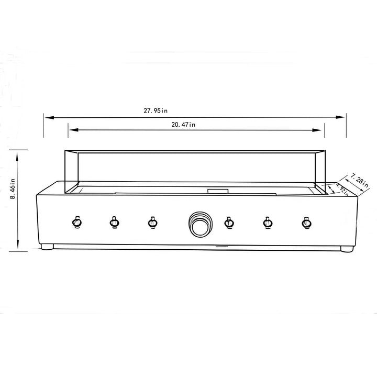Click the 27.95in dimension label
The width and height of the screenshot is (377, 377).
(x=156, y=110)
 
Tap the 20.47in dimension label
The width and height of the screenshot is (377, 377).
(x=183, y=124)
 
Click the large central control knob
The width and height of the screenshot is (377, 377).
(x=199, y=225)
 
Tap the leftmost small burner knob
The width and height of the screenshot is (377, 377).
(x=76, y=223)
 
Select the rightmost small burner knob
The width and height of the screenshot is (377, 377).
(x=306, y=223)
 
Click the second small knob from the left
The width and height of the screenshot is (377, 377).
(x=114, y=223)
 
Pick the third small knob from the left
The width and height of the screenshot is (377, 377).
(x=152, y=223)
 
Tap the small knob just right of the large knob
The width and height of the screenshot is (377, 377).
(x=228, y=223)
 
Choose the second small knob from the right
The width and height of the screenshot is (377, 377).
(x=268, y=223)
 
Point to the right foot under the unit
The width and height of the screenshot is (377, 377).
(x=346, y=249)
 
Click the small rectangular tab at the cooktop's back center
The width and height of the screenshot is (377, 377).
(x=217, y=191)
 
